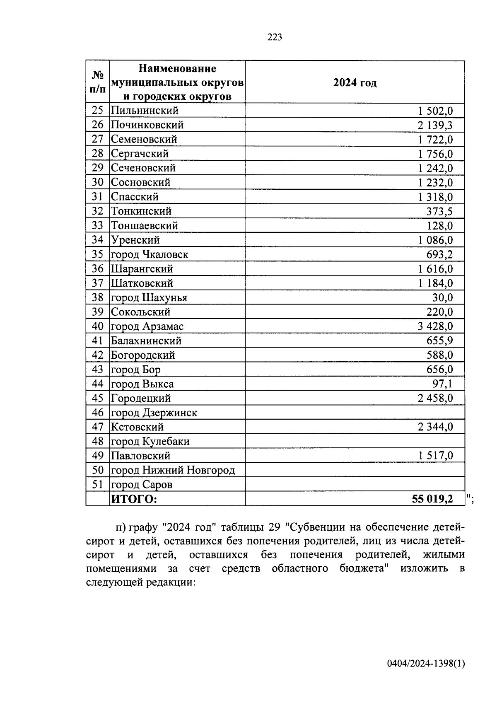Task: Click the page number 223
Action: coord(275,38)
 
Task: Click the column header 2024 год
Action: coord(355,83)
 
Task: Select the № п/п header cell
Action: coord(98,82)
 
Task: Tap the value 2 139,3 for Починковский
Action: coord(435,125)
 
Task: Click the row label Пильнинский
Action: coord(145,111)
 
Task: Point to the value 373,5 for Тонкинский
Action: coord(439,211)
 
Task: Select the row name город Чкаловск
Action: coord(149,254)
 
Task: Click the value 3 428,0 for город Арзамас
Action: coord(435,326)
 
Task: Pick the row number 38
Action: coord(97,297)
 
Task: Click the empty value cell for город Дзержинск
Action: coord(355,413)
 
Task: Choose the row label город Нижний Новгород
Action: coord(173,470)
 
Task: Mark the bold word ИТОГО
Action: coord(134,499)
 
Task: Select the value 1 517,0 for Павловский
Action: coord(435,456)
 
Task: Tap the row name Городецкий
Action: coord(141,398)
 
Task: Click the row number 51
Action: coord(97,484)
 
